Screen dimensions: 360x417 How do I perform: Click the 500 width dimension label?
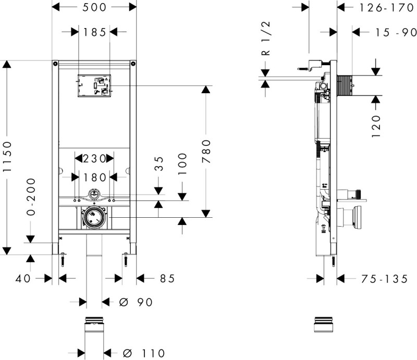(94, 7)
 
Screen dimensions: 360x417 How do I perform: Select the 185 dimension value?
(94, 32)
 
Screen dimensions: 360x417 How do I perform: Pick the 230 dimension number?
(94, 158)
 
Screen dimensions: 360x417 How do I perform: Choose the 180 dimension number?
(94, 177)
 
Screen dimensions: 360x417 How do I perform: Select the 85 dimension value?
(166, 279)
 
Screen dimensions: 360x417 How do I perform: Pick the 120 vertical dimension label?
(377, 125)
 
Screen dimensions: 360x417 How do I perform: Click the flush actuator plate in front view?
(94, 85)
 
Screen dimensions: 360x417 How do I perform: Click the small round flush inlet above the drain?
(94, 194)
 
